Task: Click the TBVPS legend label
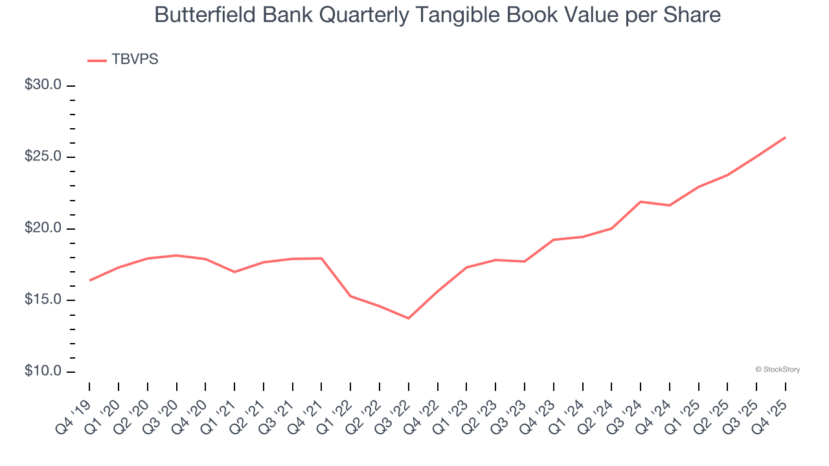tap(135, 60)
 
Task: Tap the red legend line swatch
tap(97, 60)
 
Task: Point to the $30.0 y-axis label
tap(43, 85)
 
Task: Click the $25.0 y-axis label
tap(43, 157)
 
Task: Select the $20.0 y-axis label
tap(43, 228)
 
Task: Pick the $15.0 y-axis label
tap(43, 300)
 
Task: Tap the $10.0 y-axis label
tap(43, 372)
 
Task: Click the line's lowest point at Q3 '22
tap(409, 318)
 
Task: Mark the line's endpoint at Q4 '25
tap(786, 137)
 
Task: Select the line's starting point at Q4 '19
tap(89, 280)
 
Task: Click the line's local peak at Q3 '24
tap(641, 202)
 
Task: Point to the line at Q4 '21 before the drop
tap(322, 258)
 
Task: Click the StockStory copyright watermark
tap(777, 370)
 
